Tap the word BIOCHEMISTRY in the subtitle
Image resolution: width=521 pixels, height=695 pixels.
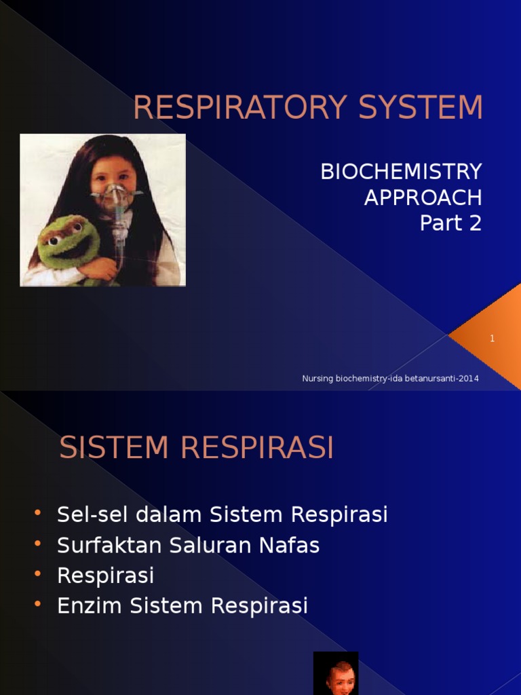point(401,172)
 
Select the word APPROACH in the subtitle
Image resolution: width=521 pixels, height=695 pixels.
point(423,198)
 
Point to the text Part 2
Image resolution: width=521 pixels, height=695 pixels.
point(450,223)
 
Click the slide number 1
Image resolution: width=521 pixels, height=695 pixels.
point(493,338)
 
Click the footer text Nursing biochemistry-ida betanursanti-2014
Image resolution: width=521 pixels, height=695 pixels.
point(390,379)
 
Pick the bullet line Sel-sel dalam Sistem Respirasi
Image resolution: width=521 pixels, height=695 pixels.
point(223,514)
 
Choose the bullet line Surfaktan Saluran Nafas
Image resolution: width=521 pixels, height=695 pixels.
point(188,545)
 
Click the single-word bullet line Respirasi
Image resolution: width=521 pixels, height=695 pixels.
point(106,576)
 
